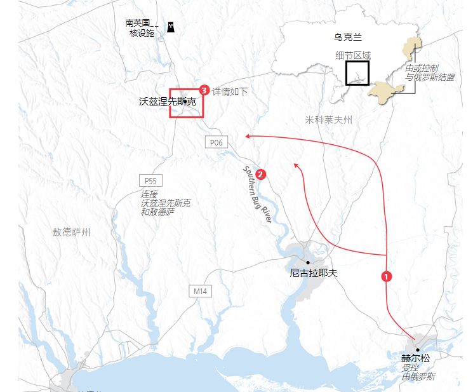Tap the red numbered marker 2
tap(260, 173)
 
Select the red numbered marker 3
tap(204, 90)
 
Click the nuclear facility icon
tap(170, 27)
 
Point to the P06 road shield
tap(215, 142)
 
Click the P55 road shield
tap(149, 180)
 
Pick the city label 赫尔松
tap(415, 358)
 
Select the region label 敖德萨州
tap(71, 233)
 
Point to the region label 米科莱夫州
tap(328, 119)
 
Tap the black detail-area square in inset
tap(357, 73)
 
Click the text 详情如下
tap(230, 91)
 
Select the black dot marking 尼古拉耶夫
tap(308, 262)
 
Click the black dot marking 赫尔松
tap(417, 349)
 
